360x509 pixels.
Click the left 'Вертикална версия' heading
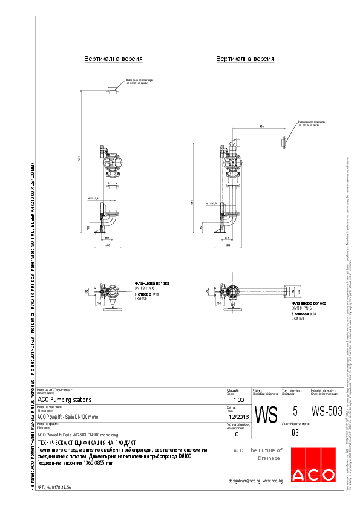tap(113, 59)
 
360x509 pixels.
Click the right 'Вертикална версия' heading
tap(244, 59)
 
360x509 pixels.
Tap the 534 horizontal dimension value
tap(261, 126)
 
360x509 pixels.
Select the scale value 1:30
tap(238, 400)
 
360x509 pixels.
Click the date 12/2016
tap(237, 417)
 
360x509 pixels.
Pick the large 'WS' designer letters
tap(266, 415)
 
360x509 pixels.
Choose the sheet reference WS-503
tap(327, 411)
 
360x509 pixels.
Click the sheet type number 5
tap(295, 411)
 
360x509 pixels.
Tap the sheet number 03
tap(295, 433)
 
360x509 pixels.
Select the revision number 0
tap(236, 434)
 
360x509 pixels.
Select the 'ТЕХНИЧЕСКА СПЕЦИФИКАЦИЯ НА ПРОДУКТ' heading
tap(87, 444)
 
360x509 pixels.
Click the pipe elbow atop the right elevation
tap(232, 145)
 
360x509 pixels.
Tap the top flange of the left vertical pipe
tap(113, 90)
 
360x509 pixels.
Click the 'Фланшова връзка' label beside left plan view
tap(152, 283)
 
